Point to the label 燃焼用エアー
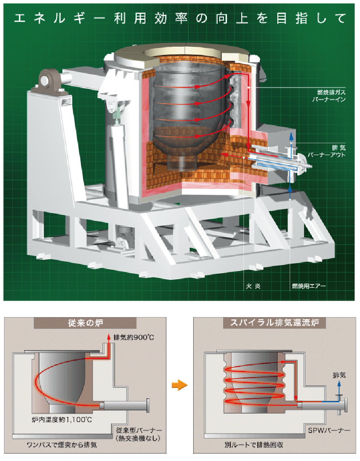309,286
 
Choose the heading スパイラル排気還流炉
275,322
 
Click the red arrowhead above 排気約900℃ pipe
108,336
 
